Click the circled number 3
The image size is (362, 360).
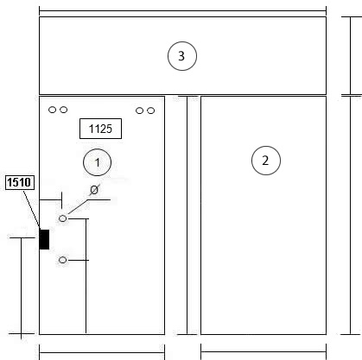click(x=182, y=56)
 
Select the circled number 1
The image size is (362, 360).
click(x=97, y=162)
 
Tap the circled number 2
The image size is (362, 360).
click(x=266, y=161)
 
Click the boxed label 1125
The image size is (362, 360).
click(x=100, y=129)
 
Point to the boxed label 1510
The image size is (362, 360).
click(x=20, y=182)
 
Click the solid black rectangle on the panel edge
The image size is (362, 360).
click(x=44, y=239)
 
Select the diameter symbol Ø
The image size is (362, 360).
click(x=94, y=190)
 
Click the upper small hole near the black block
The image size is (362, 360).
click(x=62, y=218)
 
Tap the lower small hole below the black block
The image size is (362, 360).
click(x=62, y=260)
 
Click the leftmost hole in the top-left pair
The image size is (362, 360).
click(x=52, y=110)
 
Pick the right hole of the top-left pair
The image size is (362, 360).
click(x=64, y=110)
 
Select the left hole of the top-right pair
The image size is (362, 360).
click(x=139, y=111)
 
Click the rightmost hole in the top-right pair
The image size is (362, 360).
click(x=150, y=111)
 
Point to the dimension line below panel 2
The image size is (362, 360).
click(x=264, y=351)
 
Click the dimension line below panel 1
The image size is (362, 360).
click(x=102, y=352)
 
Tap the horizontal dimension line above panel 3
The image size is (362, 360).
click(x=182, y=11)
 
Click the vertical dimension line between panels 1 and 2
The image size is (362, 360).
click(x=187, y=215)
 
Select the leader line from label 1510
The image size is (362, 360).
click(x=32, y=210)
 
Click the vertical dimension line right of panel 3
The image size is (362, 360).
click(x=351, y=56)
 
